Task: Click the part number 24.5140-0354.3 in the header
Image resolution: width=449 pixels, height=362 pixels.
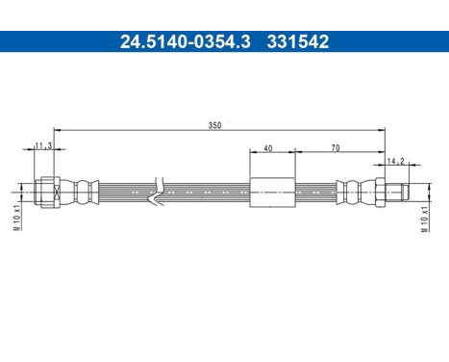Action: [x=186, y=41]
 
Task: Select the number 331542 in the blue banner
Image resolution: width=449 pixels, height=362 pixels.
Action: [x=298, y=41]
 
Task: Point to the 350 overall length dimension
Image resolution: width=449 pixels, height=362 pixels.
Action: [x=214, y=125]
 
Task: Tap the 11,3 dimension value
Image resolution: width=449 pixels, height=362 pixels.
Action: [x=43, y=145]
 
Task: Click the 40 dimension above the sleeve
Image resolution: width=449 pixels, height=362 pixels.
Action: [x=268, y=148]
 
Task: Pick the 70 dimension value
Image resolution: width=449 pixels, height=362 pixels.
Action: [x=336, y=148]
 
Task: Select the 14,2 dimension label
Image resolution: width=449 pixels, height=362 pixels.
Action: [x=396, y=161]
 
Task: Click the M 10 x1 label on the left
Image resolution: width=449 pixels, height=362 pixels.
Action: [x=16, y=218]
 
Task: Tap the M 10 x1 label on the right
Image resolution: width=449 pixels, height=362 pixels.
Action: [x=424, y=219]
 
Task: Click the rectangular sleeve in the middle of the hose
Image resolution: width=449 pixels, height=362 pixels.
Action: [x=272, y=193]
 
